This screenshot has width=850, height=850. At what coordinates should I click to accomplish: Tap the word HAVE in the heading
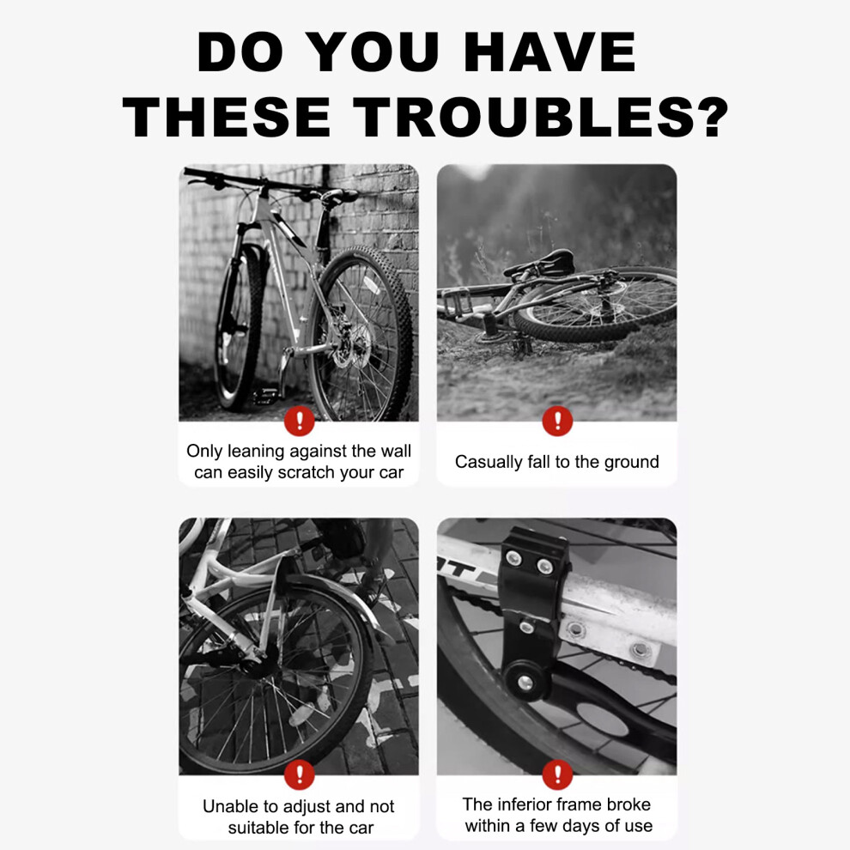[x=549, y=52]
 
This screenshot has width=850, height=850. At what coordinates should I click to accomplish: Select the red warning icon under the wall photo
[x=300, y=421]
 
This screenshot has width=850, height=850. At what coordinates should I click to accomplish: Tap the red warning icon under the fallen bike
[x=557, y=421]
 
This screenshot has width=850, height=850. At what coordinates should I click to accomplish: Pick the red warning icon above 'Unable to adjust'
[x=300, y=774]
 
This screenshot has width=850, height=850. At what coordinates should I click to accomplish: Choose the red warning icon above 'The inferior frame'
[x=557, y=774]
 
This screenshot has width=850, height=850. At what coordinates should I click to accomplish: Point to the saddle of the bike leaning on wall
[x=339, y=195]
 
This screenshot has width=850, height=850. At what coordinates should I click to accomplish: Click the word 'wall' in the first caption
[x=395, y=451]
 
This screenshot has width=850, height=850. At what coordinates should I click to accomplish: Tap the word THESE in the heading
[x=227, y=117]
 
